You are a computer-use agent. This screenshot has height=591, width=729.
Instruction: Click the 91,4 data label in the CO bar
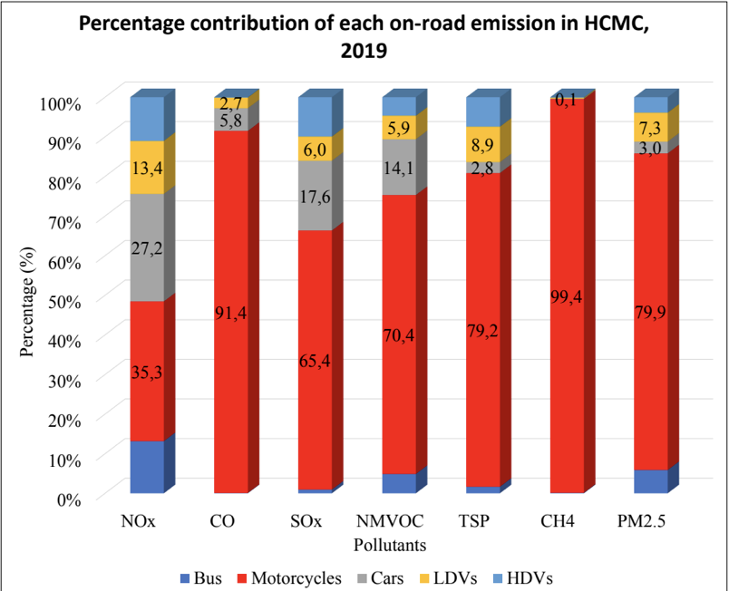pos(231,313)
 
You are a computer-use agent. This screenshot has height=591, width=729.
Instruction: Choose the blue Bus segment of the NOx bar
pos(147,467)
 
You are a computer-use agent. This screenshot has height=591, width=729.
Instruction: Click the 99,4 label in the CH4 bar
pos(568,295)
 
